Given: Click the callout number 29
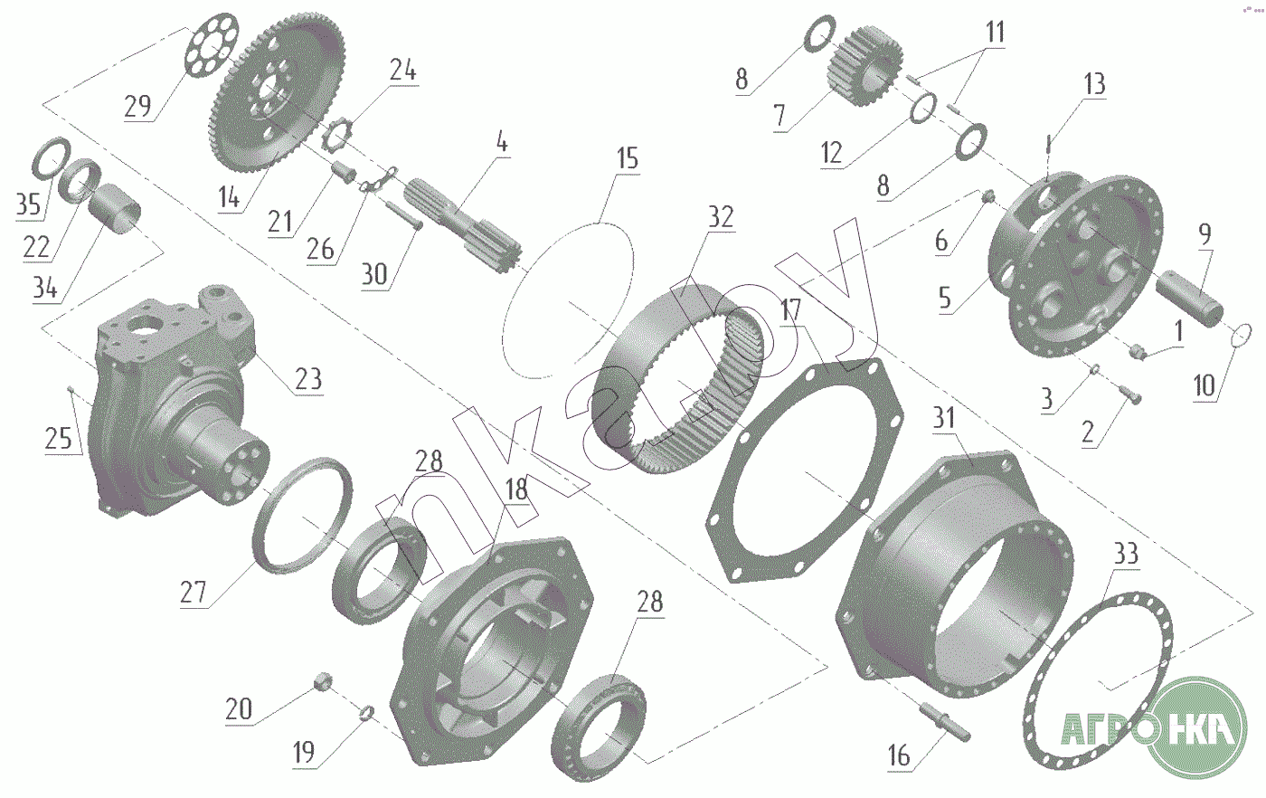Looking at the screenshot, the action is click(x=137, y=107).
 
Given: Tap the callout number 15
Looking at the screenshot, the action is click(x=628, y=158).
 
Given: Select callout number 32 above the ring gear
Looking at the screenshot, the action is click(x=721, y=217).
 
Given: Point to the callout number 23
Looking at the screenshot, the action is click(x=308, y=379).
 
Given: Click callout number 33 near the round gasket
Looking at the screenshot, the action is click(x=1125, y=554).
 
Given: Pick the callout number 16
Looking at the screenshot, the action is click(x=899, y=756).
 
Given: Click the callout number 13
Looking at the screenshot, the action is click(x=1094, y=84).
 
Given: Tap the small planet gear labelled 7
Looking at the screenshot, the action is click(x=864, y=67).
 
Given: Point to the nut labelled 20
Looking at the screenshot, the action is click(x=322, y=680).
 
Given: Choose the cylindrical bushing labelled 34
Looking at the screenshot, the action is click(x=115, y=209).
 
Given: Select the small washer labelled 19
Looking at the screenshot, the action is click(x=367, y=713).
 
